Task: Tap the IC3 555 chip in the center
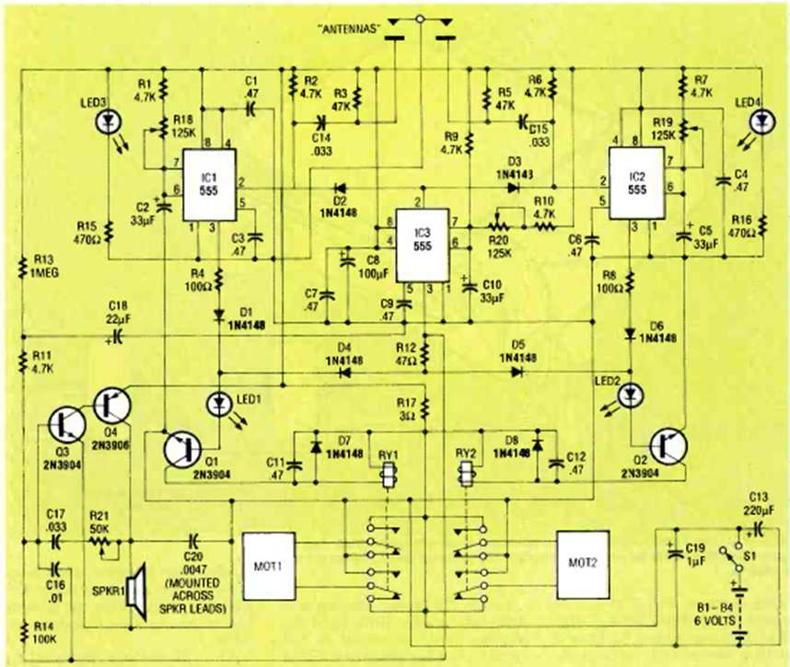click(x=421, y=243)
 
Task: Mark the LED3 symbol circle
click(x=111, y=121)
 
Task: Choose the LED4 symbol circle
click(x=762, y=121)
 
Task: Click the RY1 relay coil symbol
click(x=387, y=477)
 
